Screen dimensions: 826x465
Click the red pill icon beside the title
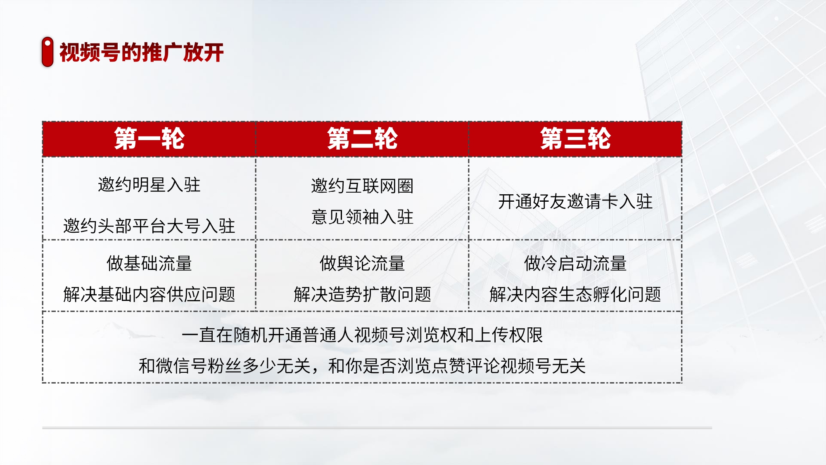tap(47, 52)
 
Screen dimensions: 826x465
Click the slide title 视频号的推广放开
tap(142, 52)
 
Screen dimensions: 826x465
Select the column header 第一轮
tap(149, 138)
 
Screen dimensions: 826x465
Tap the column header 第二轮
tap(362, 138)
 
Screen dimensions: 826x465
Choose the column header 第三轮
tap(575, 138)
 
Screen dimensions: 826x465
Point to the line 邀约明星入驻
tap(149, 185)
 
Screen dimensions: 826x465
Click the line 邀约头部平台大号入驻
tap(149, 226)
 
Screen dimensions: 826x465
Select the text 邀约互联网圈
tap(362, 186)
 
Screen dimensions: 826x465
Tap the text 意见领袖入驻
tap(362, 217)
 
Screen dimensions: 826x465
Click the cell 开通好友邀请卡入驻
tap(575, 202)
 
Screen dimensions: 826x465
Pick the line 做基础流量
tap(149, 263)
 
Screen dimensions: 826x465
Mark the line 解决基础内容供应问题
tap(149, 294)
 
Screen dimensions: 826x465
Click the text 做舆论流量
tap(362, 263)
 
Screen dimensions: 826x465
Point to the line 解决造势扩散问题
tap(362, 294)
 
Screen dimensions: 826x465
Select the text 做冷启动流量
tap(575, 263)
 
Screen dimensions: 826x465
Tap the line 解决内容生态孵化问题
tap(575, 294)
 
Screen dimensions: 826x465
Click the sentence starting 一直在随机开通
tap(362, 335)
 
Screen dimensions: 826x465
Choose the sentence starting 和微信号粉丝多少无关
tap(362, 366)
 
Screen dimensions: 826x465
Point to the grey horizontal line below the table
tap(377, 428)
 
